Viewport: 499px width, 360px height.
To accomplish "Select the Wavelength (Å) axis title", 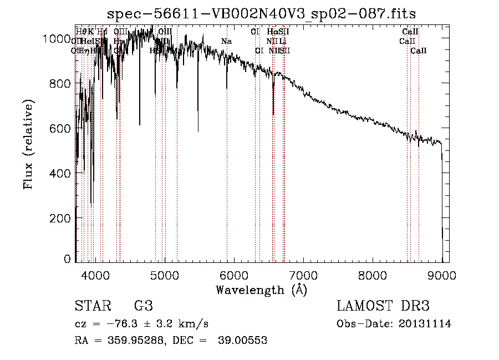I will coord(261,290).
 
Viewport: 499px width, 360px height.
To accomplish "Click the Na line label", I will coord(226,41).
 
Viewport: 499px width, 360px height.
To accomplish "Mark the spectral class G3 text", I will coord(143,306).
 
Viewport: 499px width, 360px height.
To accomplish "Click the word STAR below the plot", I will coord(91,306).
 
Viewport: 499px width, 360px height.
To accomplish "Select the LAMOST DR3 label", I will coord(383,306).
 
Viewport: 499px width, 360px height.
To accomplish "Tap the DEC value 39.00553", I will coord(244,341).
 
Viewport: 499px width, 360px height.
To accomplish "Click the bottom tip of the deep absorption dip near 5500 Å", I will coord(198,131).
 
